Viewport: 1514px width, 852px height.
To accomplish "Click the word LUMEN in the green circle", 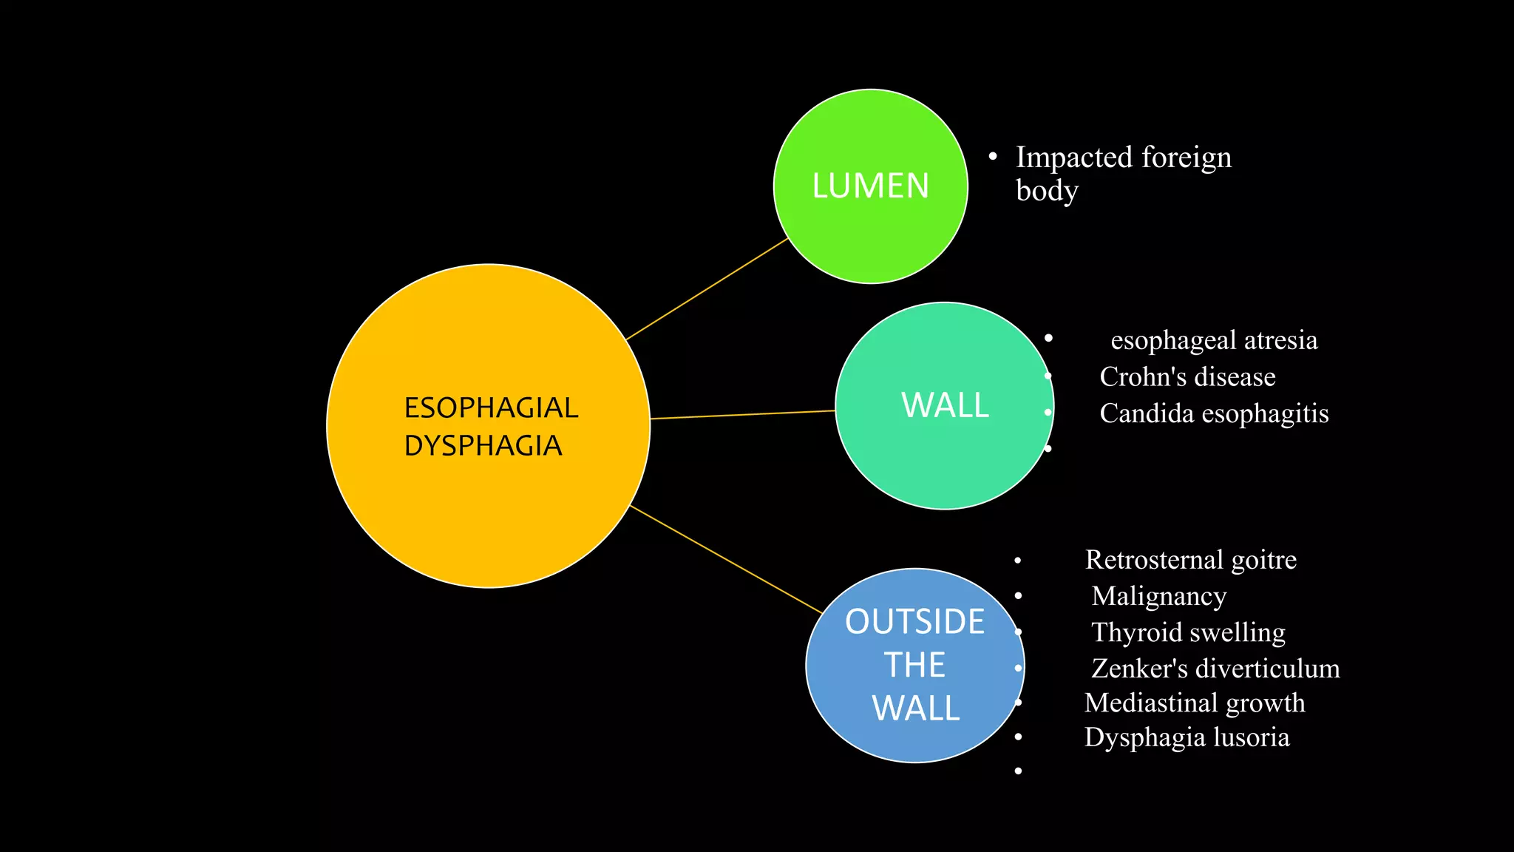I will click(870, 186).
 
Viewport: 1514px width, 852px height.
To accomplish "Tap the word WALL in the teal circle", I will click(945, 405).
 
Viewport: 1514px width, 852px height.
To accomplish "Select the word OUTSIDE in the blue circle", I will click(914, 621).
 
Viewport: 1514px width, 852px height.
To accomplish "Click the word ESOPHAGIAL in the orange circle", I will click(491, 408).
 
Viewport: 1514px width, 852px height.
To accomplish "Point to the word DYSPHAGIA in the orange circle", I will click(483, 445).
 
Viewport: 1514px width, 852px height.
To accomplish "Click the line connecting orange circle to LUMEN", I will click(707, 289).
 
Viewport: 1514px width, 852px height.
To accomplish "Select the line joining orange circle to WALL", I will click(742, 415).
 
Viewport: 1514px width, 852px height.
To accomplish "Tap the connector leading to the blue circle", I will click(726, 559).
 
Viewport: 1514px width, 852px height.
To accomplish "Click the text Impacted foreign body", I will click(1122, 172).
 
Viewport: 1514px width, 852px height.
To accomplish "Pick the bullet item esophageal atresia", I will click(1214, 340).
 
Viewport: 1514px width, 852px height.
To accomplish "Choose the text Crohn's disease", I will click(1187, 376).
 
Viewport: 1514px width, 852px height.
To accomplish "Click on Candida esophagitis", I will click(1214, 413).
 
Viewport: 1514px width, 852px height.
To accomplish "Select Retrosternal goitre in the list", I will click(1190, 560).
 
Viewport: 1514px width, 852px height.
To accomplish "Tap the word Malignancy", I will click(1158, 596).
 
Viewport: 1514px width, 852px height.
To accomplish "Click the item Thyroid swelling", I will click(1188, 632).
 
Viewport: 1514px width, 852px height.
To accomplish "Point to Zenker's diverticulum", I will click(1215, 669).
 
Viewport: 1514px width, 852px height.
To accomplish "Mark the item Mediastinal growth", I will click(1195, 703).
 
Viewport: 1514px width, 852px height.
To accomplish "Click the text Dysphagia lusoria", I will click(1187, 737).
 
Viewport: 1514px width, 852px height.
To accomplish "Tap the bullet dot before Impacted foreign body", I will click(993, 156).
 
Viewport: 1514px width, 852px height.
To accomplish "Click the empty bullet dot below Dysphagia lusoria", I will click(1018, 771).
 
